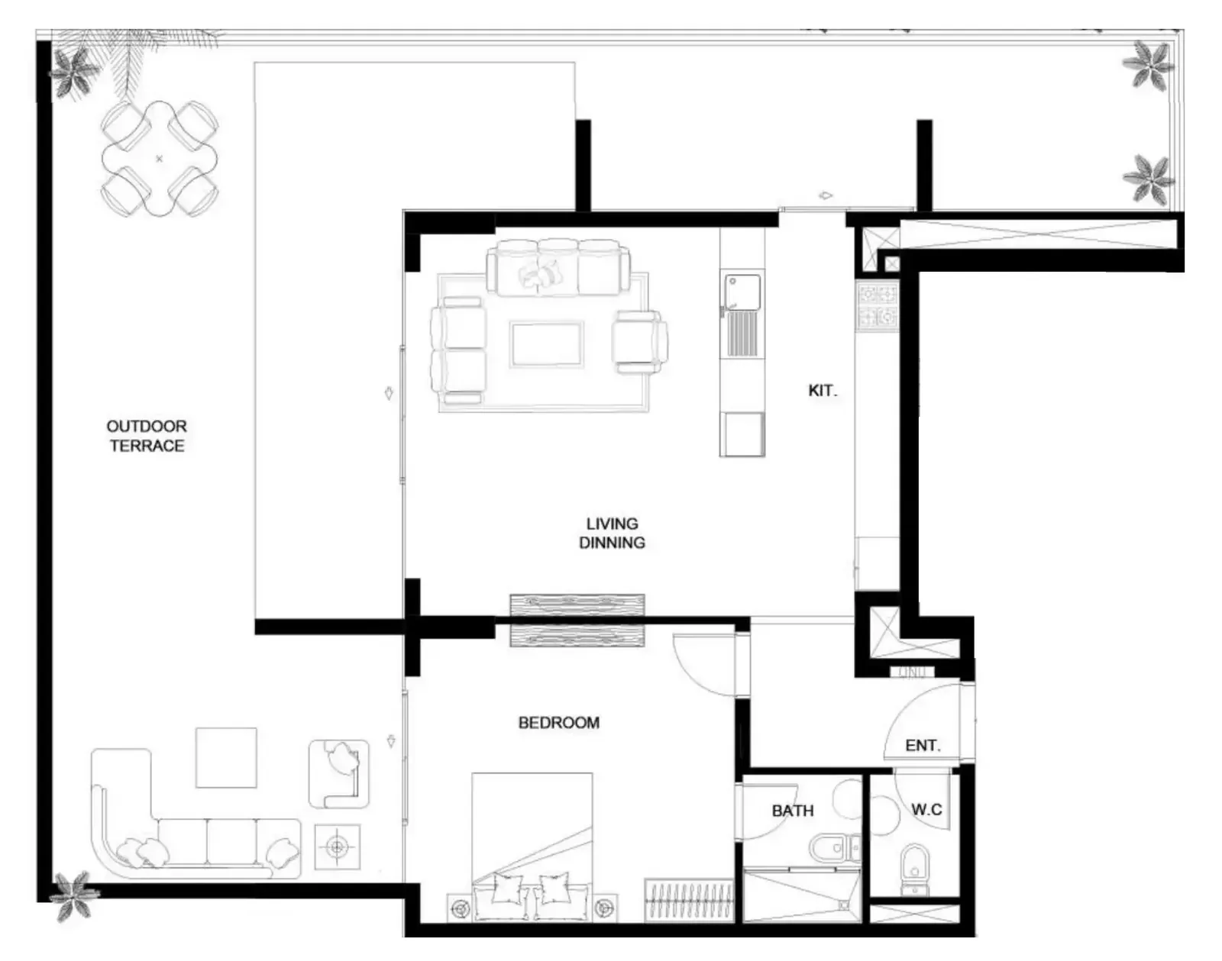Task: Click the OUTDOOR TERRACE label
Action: [147, 435]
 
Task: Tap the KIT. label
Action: [823, 391]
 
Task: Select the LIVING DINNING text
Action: [612, 533]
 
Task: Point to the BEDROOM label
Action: [559, 723]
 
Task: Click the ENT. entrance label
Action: [923, 745]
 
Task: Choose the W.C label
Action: [926, 809]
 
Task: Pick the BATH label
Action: [793, 811]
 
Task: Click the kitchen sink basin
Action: [742, 292]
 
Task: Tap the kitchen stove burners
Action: [878, 307]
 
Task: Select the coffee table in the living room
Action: [546, 344]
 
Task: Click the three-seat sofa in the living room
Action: [558, 267]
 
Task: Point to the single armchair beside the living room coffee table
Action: [640, 342]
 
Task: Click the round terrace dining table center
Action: [160, 158]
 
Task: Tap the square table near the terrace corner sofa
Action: [226, 758]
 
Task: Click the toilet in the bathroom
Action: [834, 849]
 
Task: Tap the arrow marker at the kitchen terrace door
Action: [825, 196]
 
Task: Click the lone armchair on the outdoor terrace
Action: [339, 774]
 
